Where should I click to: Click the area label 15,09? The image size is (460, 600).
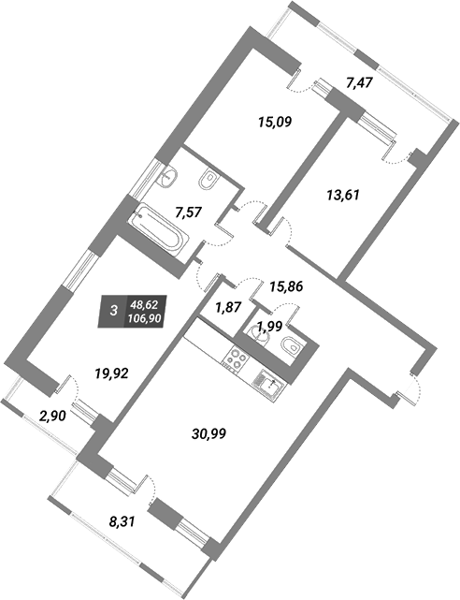[275, 123]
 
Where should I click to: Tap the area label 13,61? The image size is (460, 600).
[343, 195]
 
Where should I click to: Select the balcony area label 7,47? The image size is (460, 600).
[359, 82]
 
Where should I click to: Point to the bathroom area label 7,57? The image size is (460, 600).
[188, 212]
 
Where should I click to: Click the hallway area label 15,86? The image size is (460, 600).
[286, 286]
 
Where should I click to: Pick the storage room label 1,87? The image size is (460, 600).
[229, 307]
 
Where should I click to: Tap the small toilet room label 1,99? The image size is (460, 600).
[269, 327]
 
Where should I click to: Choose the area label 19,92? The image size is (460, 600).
[111, 373]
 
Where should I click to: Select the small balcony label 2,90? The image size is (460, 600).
[52, 416]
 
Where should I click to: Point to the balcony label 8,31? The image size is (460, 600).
[122, 521]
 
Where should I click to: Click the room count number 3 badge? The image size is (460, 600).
[113, 311]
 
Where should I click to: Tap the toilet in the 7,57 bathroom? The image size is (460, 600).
[208, 179]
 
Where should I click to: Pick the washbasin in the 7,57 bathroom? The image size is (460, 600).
[167, 178]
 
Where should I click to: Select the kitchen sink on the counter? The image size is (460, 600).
[268, 385]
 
